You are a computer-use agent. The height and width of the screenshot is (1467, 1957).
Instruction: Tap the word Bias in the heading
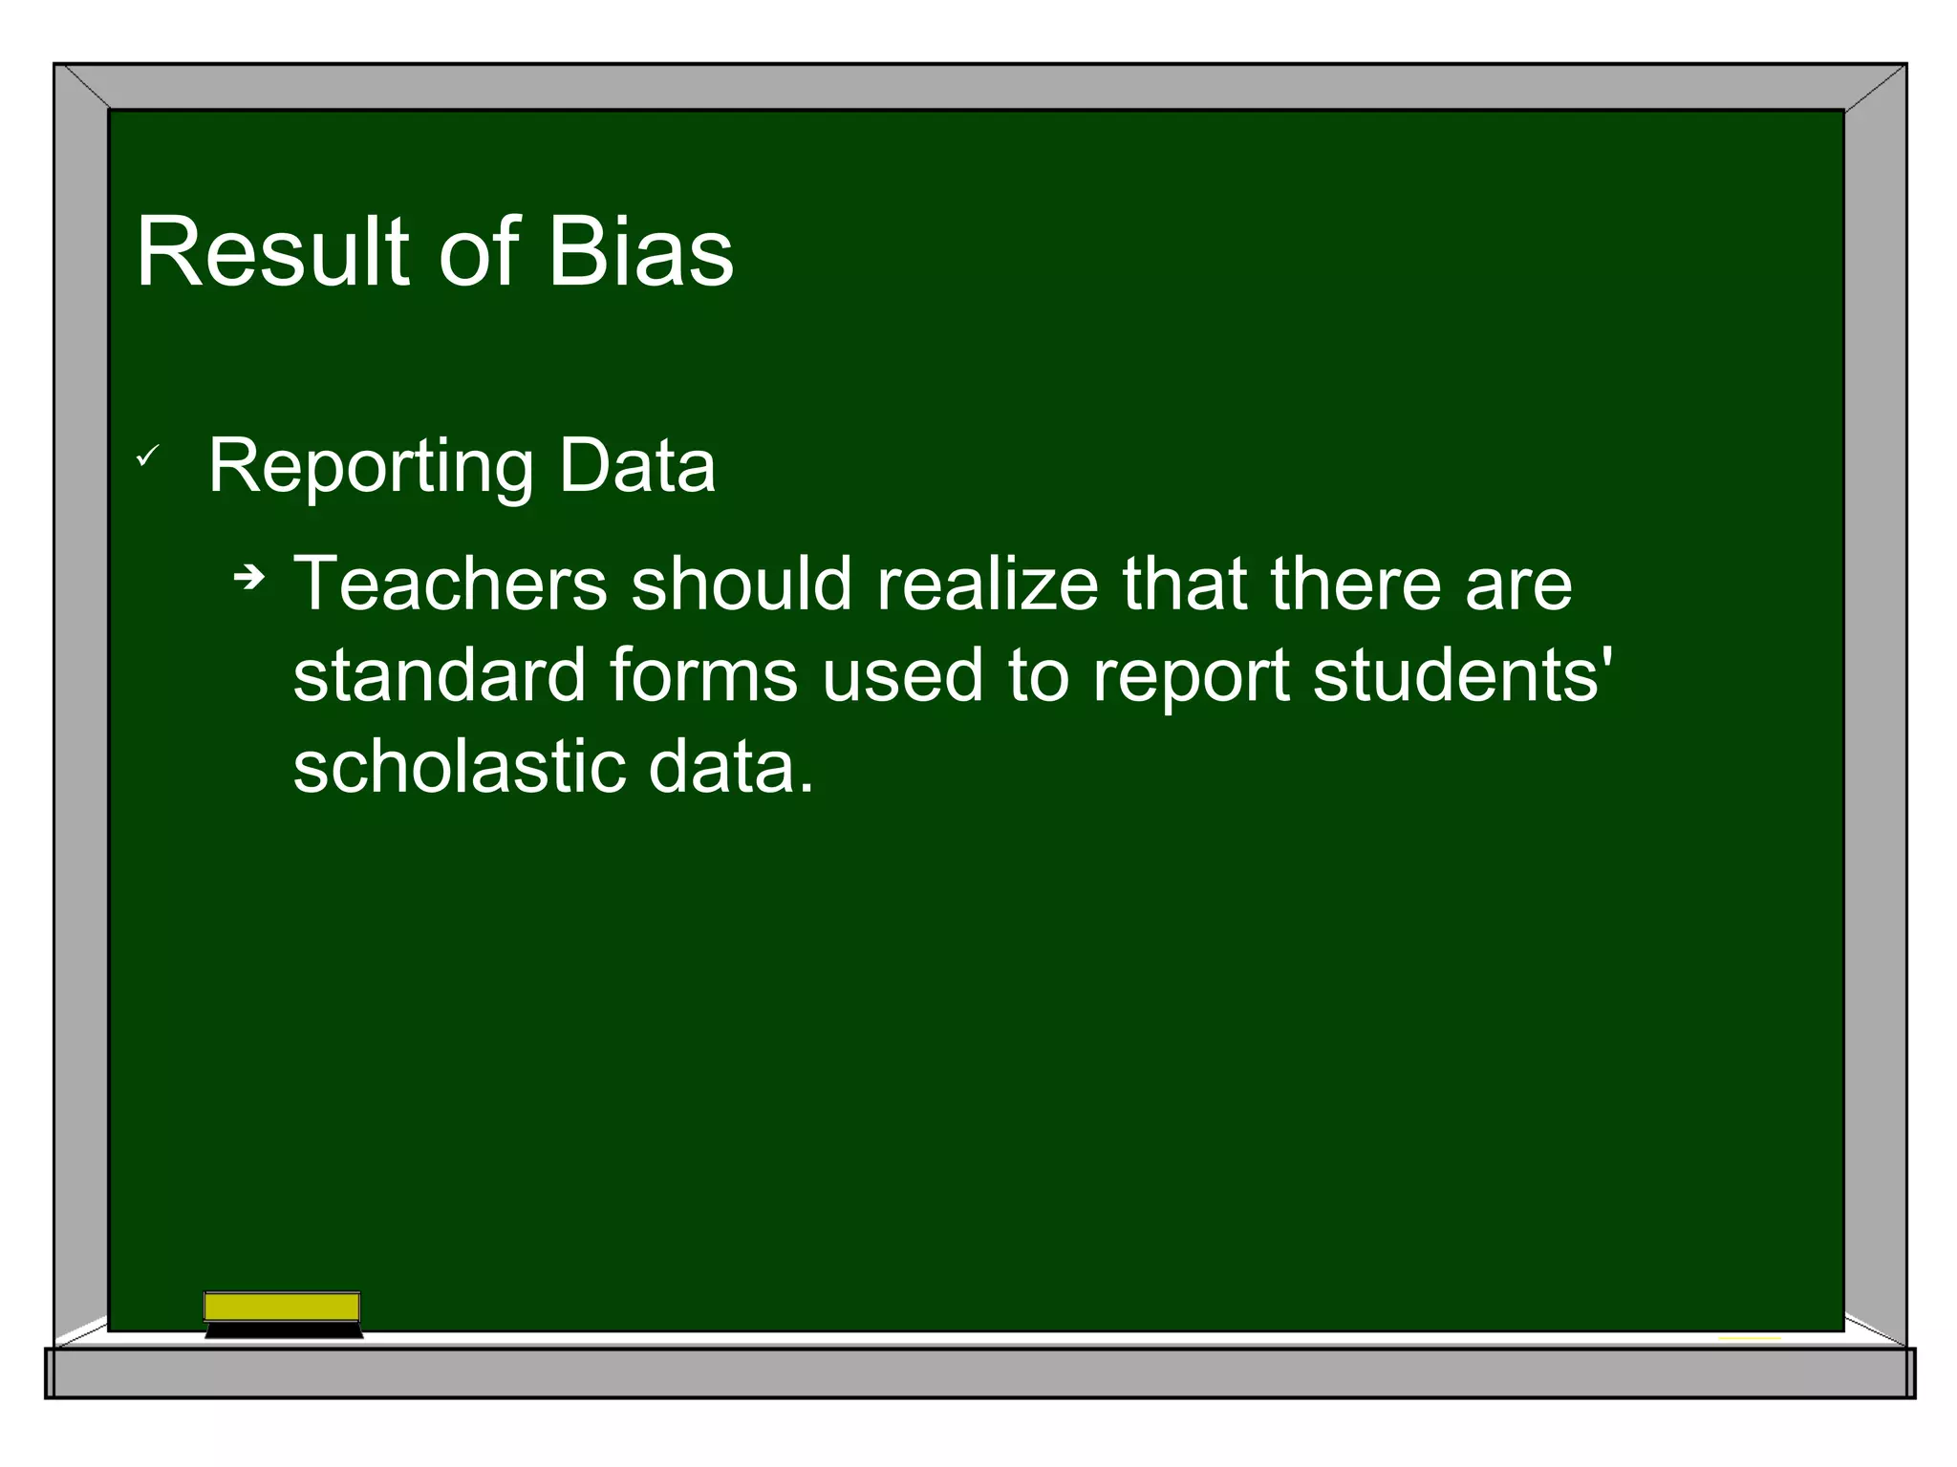[640, 252]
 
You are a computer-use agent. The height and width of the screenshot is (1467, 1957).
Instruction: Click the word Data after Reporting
[637, 466]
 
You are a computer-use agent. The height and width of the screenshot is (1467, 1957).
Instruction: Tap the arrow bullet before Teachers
[249, 577]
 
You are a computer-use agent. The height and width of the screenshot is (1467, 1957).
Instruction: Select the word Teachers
[450, 584]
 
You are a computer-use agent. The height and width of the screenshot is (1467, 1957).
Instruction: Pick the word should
[742, 584]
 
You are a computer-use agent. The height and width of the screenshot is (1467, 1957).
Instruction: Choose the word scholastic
[459, 767]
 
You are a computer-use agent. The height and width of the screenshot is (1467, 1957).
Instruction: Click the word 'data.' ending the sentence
[731, 767]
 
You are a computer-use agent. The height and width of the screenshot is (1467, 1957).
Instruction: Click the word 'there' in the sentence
[1355, 584]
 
